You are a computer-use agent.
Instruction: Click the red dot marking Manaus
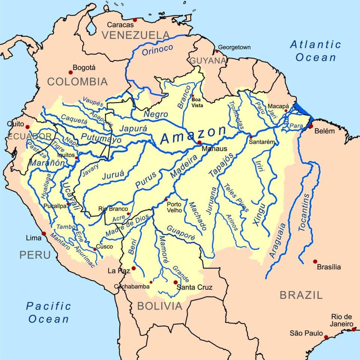pyautogui.click(x=199, y=143)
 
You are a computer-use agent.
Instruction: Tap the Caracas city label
pyautogui.click(x=120, y=25)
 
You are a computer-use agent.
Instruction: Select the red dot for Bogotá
pyautogui.click(x=70, y=72)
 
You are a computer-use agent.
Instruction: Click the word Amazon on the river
pyautogui.click(x=193, y=134)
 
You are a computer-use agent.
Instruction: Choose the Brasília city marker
pyautogui.click(x=315, y=261)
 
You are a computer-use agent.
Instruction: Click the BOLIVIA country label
pyautogui.click(x=160, y=306)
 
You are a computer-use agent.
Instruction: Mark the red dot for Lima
pyautogui.click(x=44, y=233)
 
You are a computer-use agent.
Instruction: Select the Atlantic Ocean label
pyautogui.click(x=316, y=51)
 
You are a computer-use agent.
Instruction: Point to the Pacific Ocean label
pyautogui.click(x=48, y=312)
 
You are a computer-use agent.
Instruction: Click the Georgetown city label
pyautogui.click(x=234, y=48)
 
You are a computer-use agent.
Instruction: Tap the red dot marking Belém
pyautogui.click(x=311, y=126)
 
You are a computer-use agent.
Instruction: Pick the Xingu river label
pyautogui.click(x=259, y=214)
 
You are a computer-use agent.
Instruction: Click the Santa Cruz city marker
pyautogui.click(x=175, y=282)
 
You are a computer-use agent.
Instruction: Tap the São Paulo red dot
pyautogui.click(x=326, y=337)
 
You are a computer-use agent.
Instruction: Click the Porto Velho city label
pyautogui.click(x=174, y=207)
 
